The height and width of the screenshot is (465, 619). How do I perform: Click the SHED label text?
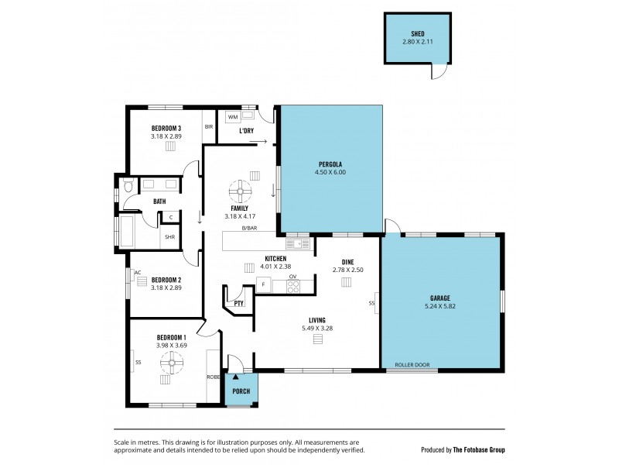(417, 33)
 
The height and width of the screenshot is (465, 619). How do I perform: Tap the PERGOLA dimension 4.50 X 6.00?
(330, 172)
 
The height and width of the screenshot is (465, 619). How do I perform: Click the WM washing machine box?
(233, 117)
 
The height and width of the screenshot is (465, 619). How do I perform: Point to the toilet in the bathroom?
(128, 186)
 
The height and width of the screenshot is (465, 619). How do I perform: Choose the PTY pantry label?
(238, 304)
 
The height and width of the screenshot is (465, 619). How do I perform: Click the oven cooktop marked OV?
(293, 285)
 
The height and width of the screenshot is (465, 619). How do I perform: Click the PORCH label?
(241, 391)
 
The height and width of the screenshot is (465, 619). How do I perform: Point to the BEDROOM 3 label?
(166, 129)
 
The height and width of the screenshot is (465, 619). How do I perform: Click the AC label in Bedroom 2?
(138, 273)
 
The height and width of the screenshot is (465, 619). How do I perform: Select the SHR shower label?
(169, 238)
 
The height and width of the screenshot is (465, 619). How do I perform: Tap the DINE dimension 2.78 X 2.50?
(347, 270)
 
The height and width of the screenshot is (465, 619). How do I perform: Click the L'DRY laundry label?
(246, 131)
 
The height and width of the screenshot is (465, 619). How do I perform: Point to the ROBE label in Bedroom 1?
(212, 377)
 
